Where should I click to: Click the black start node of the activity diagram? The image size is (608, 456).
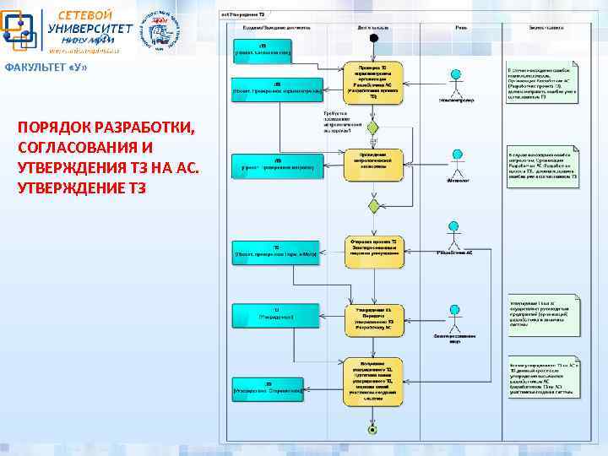pyautogui.click(x=373, y=38)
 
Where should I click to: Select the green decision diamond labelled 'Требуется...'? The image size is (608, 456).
pyautogui.click(x=372, y=128)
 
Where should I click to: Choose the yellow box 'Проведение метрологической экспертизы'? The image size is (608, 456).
pyautogui.click(x=372, y=160)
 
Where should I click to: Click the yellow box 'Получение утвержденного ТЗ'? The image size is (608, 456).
pyautogui.click(x=372, y=377)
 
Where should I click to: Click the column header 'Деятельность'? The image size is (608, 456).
pyautogui.click(x=372, y=26)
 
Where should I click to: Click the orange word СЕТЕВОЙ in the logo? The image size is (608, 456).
pyautogui.click(x=85, y=14)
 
